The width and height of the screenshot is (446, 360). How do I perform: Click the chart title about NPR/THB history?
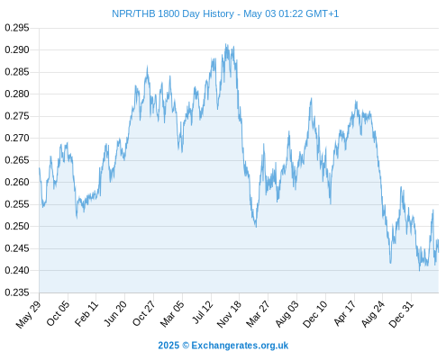pos(225,13)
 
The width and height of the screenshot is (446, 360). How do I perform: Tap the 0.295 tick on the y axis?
pos(17,28)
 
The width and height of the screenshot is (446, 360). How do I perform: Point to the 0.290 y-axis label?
pos(17,49)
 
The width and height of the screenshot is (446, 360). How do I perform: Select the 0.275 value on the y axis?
pos(17,116)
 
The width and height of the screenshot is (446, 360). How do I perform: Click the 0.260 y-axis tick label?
pos(17,182)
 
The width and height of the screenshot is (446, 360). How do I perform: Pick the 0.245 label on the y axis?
pos(17,248)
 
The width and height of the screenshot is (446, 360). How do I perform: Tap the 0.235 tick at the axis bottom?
pos(17,292)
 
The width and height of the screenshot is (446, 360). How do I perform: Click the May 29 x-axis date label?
pos(28,314)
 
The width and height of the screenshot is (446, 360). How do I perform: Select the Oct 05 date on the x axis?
pos(58,313)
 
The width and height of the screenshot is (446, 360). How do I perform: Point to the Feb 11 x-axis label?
pos(86,313)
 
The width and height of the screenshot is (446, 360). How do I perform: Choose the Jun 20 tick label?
pos(115,313)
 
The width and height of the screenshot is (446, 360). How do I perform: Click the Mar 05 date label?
pos(172,313)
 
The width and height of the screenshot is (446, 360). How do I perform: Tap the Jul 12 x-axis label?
pos(202,311)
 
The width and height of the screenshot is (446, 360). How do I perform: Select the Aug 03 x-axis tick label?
pos(287,313)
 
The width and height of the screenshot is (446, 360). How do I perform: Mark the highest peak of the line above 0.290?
pos(226,44)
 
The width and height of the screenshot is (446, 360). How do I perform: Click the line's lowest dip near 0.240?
pos(420,271)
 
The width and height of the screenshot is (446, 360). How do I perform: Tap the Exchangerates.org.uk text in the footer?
pos(240,346)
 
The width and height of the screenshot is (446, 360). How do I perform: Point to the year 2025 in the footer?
pos(168,346)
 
